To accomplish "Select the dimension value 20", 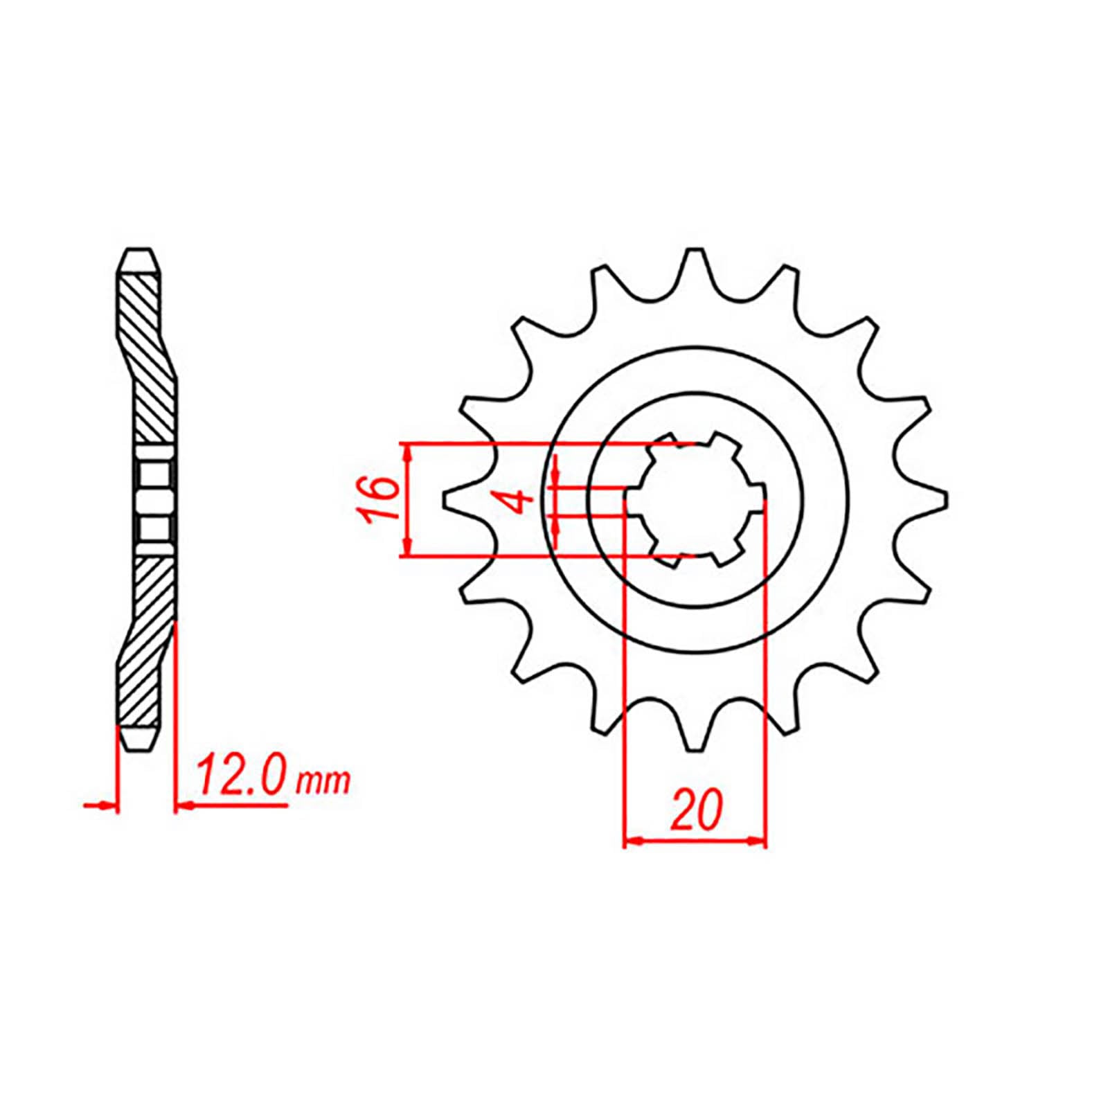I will coord(695,809).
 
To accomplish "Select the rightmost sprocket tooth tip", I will coord(945,499).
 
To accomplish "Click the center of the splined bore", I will coord(695,499).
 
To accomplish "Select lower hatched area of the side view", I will coord(147,637).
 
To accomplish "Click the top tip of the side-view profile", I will coord(138,250).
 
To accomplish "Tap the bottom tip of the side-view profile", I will coord(138,748).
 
